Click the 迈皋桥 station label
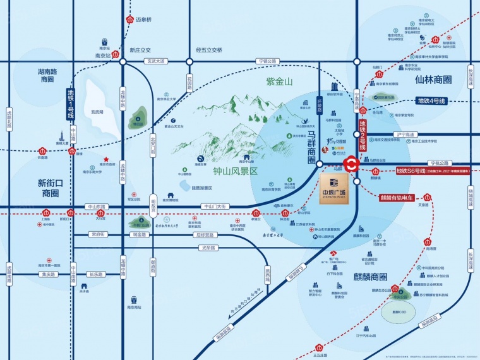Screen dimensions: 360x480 (145, 20)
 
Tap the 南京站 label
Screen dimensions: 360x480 (103, 56)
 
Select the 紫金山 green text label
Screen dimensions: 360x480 (279, 82)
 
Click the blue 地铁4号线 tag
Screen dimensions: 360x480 (431, 100)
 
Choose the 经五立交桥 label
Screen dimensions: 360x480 (209, 49)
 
